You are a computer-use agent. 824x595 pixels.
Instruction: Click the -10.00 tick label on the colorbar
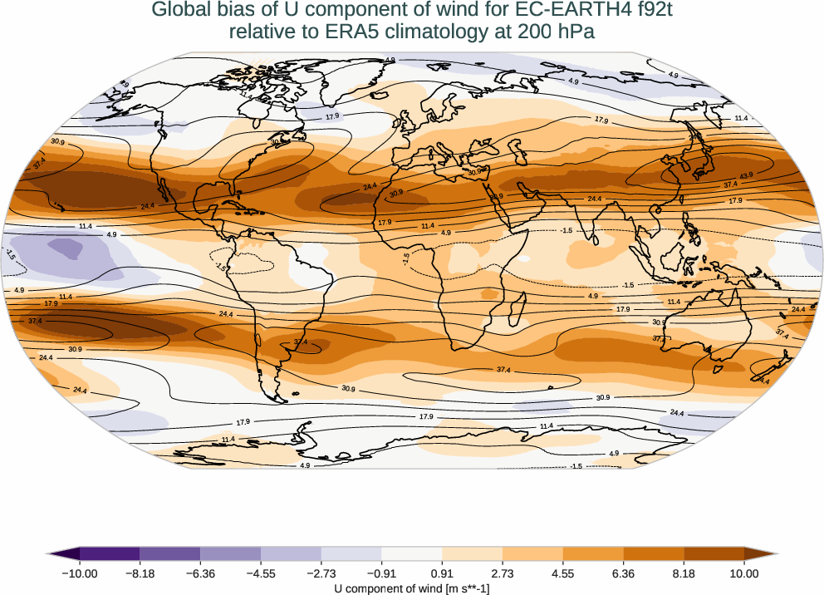(x=80, y=573)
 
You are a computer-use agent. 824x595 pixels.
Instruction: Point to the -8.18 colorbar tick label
(x=140, y=573)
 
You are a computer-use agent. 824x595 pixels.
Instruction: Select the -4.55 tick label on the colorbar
(x=261, y=573)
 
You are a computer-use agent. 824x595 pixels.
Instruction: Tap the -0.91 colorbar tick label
(x=381, y=573)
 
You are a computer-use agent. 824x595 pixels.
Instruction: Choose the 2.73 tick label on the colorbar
(x=503, y=573)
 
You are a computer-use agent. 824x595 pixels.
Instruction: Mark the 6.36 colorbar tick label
(x=623, y=573)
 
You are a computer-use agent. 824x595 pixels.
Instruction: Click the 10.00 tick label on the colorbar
(x=744, y=573)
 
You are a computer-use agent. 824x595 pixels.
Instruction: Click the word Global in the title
(x=179, y=11)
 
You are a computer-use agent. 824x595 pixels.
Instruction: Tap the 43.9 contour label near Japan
(x=747, y=175)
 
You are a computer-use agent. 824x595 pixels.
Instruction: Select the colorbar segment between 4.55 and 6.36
(x=593, y=553)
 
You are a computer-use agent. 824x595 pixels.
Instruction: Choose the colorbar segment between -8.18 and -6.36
(x=170, y=553)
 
